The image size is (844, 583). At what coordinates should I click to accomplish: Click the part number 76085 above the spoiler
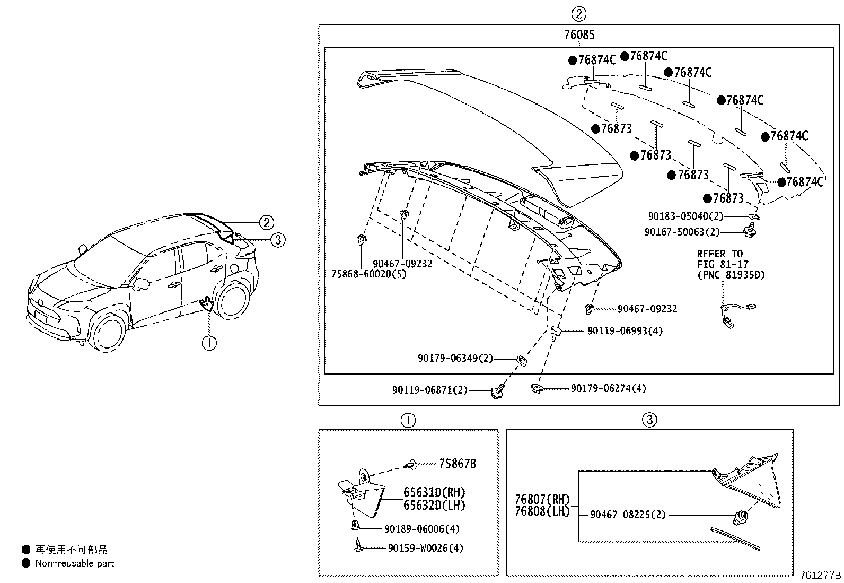pyautogui.click(x=579, y=35)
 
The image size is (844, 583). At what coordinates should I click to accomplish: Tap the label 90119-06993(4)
pyautogui.click(x=625, y=331)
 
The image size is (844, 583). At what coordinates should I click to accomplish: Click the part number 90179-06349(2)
pyautogui.click(x=455, y=359)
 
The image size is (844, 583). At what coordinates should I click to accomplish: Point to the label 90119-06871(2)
pyautogui.click(x=430, y=390)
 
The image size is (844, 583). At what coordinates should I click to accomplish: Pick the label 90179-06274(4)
pyautogui.click(x=608, y=389)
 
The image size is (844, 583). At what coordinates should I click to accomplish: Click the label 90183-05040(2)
pyautogui.click(x=685, y=216)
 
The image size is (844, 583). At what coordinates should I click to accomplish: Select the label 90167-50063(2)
pyautogui.click(x=682, y=232)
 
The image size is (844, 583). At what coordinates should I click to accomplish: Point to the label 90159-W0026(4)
pyautogui.click(x=425, y=548)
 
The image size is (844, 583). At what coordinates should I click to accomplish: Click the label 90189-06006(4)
pyautogui.click(x=421, y=529)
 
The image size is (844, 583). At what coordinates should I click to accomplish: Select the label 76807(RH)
pyautogui.click(x=542, y=500)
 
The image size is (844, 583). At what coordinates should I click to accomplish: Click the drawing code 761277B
pyautogui.click(x=820, y=575)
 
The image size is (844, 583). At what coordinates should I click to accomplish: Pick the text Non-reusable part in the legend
pyautogui.click(x=74, y=563)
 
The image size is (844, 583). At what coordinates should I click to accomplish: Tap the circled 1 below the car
pyautogui.click(x=209, y=343)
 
